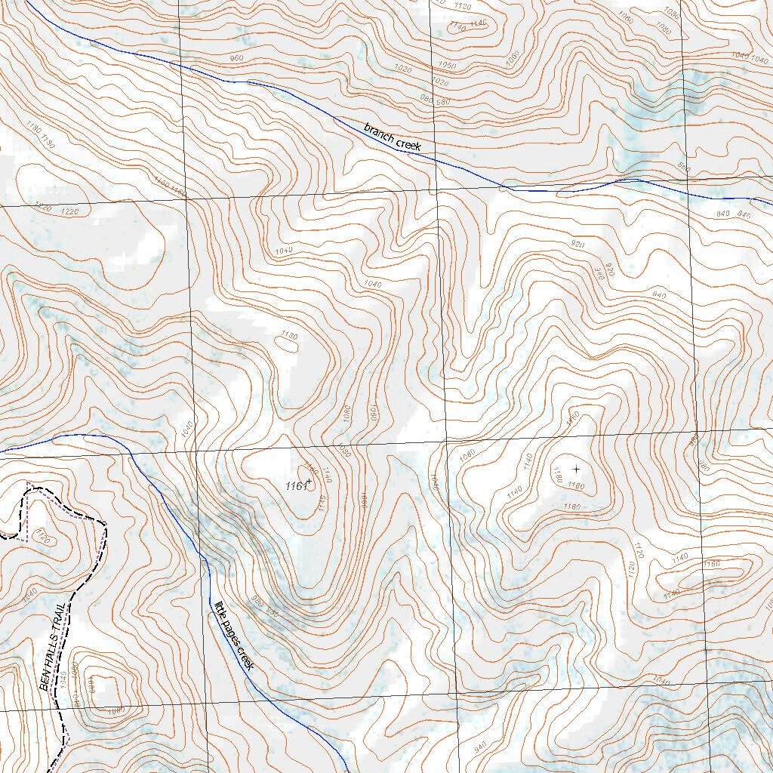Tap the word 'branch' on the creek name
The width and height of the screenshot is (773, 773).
pos(380,131)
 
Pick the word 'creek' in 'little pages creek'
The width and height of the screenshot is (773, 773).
pos(245,658)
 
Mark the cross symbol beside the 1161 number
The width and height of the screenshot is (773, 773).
pos(309,482)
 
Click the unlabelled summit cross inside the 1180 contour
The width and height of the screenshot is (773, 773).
pos(577,469)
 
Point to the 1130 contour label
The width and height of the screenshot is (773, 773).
pos(288,334)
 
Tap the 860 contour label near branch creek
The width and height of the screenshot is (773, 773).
pos(683,167)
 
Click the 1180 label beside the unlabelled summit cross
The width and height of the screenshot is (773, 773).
pos(558,476)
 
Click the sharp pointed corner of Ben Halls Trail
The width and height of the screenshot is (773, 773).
pos(105,523)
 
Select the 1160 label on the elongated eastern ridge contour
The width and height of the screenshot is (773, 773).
pos(711,564)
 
